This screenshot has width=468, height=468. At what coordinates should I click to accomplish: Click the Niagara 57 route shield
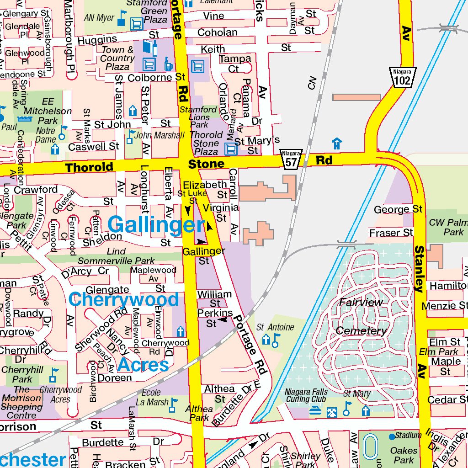click(291, 160)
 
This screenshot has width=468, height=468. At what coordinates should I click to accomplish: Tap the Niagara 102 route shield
click(402, 77)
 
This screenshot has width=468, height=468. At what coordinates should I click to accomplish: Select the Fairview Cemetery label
click(361, 316)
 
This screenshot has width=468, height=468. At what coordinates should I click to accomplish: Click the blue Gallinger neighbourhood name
click(156, 225)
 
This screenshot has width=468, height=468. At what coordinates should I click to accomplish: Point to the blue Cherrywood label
click(123, 300)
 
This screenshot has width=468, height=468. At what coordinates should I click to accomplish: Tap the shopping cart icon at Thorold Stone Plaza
click(231, 149)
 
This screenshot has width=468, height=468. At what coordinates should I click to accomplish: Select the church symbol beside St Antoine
click(266, 340)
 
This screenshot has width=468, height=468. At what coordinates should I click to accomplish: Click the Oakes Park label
click(404, 455)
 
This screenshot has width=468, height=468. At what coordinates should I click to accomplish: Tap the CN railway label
click(312, 83)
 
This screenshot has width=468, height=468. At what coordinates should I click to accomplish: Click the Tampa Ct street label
click(235, 64)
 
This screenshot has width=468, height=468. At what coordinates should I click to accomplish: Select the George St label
click(398, 209)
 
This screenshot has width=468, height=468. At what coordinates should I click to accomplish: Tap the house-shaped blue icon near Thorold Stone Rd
click(337, 144)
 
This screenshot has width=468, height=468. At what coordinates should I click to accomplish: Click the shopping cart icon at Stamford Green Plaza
click(136, 23)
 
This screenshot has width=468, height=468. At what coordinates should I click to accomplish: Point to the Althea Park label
click(199, 413)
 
